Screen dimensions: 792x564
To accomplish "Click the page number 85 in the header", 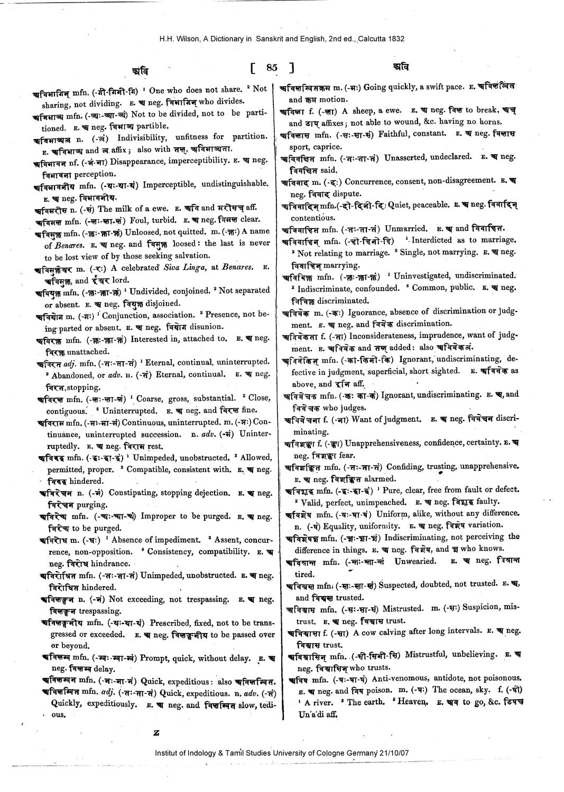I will pos(272,68).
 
